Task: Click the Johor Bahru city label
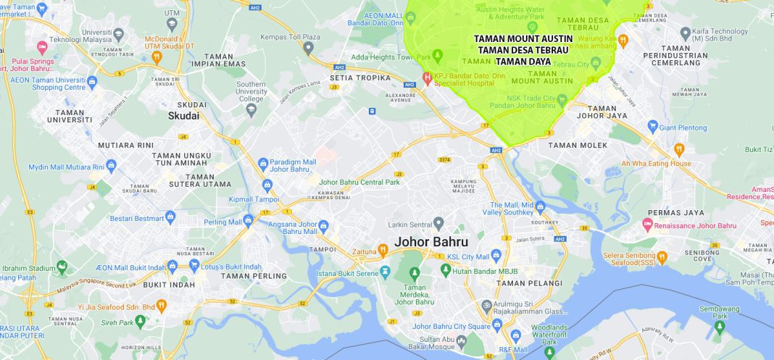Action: [430, 241]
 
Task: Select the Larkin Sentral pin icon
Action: [438, 222]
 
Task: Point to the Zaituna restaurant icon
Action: [383, 251]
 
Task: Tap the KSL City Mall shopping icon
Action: [496, 256]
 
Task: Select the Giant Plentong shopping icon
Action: [653, 127]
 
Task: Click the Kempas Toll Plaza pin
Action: [308, 48]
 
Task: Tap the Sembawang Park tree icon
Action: [719, 327]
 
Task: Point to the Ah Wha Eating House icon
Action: [679, 150]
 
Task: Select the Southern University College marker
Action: [251, 109]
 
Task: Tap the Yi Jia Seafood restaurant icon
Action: [162, 306]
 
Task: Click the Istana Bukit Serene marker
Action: [386, 272]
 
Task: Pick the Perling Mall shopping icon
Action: [248, 219]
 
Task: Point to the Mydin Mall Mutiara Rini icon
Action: [111, 167]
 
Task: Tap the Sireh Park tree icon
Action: [141, 322]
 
